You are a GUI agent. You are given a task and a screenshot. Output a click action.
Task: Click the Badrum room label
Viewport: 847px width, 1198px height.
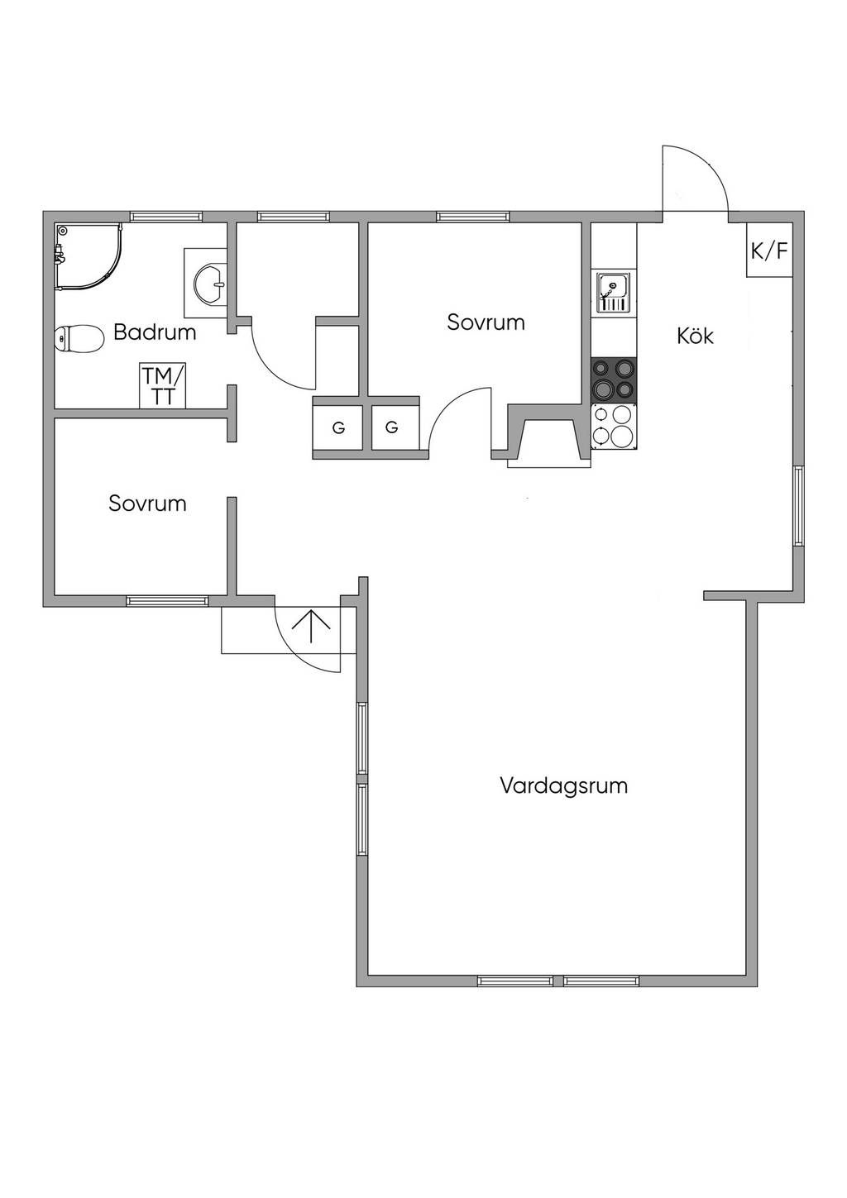(155, 332)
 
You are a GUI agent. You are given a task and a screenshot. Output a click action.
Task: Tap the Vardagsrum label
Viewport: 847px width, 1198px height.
(563, 785)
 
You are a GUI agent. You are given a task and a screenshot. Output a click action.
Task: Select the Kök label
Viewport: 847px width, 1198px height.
(695, 336)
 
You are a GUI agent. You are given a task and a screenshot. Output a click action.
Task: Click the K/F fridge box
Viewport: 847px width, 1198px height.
(769, 251)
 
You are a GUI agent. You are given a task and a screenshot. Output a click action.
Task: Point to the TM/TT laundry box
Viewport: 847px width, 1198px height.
(163, 385)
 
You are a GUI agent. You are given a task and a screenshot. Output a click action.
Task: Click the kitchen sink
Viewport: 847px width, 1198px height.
(613, 293)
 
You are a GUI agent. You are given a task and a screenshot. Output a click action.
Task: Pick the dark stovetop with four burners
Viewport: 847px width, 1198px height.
(613, 379)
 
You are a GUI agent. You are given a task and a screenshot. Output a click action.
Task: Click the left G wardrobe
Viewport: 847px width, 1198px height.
(338, 427)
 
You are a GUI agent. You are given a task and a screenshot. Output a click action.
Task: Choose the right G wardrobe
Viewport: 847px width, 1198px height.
(392, 427)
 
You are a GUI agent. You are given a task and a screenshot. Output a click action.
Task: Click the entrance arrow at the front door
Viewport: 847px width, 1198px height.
(311, 627)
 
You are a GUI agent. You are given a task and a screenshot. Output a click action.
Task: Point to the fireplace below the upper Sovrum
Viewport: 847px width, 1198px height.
(548, 439)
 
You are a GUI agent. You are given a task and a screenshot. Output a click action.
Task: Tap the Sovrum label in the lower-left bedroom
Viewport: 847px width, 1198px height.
(147, 503)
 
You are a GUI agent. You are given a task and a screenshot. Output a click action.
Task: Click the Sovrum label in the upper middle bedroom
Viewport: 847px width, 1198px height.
(486, 322)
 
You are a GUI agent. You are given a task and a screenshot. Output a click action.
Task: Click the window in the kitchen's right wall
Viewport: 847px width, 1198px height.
(798, 506)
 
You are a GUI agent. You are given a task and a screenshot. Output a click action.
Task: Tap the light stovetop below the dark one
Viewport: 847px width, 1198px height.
(613, 426)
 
